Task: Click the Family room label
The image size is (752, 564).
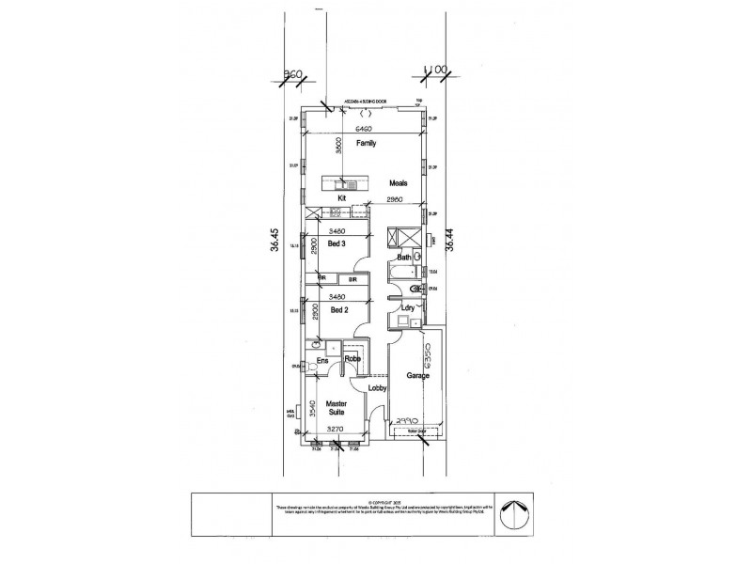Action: [366, 144]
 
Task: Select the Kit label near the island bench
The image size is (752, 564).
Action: [343, 198]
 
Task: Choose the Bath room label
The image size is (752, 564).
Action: [404, 257]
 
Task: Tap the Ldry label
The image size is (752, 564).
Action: [407, 307]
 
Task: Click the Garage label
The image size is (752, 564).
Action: [418, 375]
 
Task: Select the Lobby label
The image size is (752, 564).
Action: [379, 387]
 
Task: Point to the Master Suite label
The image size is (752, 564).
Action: [337, 408]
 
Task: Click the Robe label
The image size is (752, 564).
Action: [353, 359]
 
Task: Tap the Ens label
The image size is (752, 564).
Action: [321, 359]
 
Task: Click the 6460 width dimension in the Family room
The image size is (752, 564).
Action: [365, 129]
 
